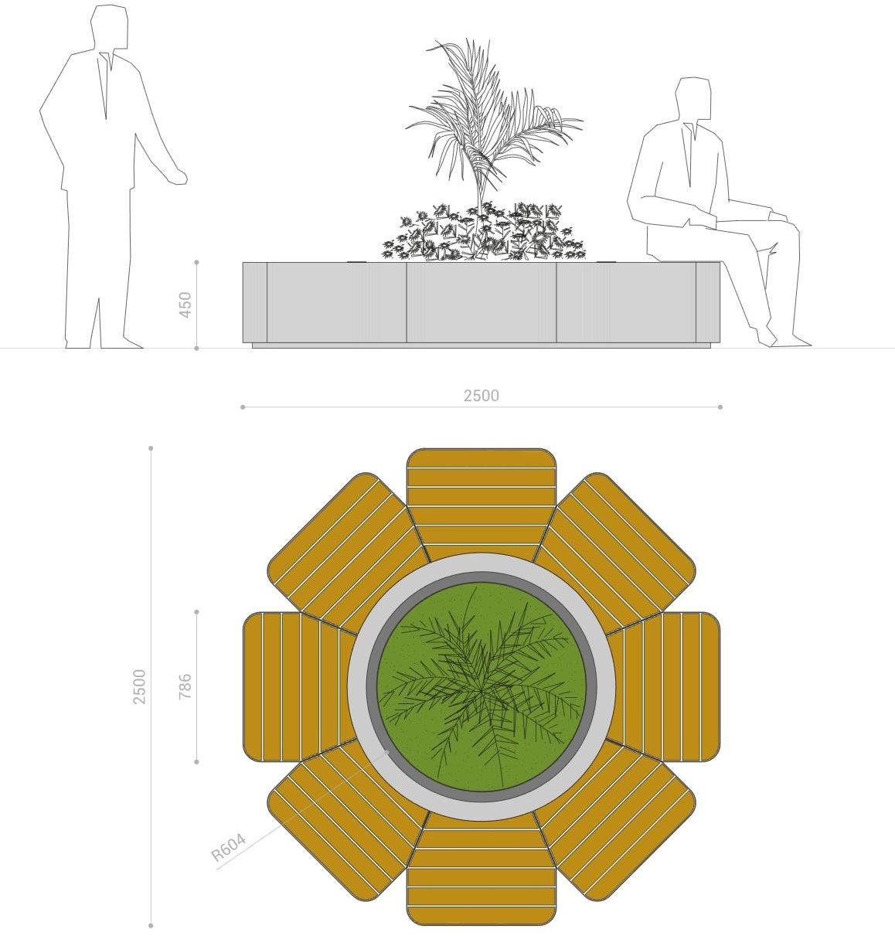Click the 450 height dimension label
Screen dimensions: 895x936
pos(185,305)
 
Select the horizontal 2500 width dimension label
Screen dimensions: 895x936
pos(482,396)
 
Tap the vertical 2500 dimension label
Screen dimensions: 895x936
pos(139,686)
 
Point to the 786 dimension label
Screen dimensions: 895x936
pos(185,686)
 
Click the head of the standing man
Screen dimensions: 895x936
pos(109,27)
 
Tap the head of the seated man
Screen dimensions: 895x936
pos(693,99)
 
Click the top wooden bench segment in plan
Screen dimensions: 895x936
pos(482,502)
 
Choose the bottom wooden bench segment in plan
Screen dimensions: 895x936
pos(482,870)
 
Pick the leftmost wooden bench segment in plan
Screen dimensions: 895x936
pos(299,687)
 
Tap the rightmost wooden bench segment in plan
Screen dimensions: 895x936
pos(664,687)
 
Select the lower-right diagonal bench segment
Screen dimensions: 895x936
pos(615,819)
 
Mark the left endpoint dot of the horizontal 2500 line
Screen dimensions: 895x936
pos(243,407)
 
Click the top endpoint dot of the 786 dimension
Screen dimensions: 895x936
pos(196,612)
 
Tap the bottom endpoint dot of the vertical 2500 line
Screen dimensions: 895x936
pos(151,925)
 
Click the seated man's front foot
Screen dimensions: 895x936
pos(791,341)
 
